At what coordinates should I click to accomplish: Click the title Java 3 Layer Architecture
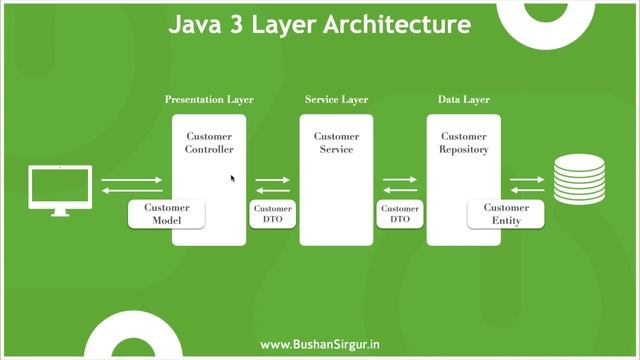(x=320, y=24)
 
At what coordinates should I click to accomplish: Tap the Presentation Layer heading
(x=209, y=100)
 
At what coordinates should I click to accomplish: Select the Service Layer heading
(x=336, y=100)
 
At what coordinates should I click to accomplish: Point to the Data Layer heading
(x=463, y=100)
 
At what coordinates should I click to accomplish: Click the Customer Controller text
(x=209, y=143)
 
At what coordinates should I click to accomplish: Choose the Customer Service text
(x=336, y=143)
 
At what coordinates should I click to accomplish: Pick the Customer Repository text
(x=464, y=143)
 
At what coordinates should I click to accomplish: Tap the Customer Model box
(x=166, y=214)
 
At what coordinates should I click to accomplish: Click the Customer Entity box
(x=506, y=214)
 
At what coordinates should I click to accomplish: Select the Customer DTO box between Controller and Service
(x=272, y=214)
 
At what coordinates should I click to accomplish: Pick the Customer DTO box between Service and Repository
(x=399, y=214)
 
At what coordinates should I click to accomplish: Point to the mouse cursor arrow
(x=233, y=179)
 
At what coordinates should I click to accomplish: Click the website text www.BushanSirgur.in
(x=320, y=344)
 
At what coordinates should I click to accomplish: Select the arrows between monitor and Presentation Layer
(x=131, y=185)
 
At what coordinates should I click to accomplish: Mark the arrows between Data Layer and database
(x=527, y=185)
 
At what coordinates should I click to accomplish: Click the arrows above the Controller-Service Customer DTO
(x=272, y=185)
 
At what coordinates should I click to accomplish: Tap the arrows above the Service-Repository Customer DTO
(x=400, y=185)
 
